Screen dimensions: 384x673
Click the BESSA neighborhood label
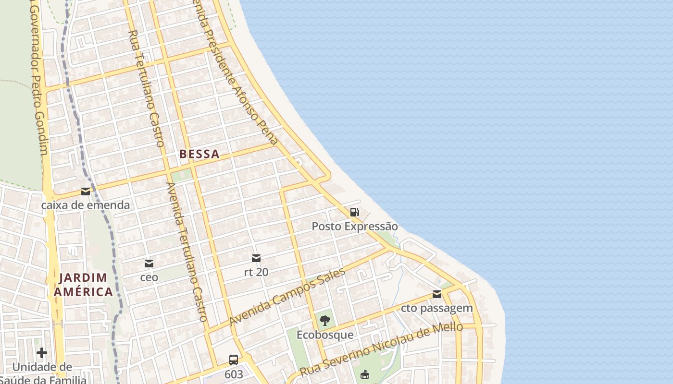[199, 154]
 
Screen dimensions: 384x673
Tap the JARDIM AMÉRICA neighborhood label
[83, 285]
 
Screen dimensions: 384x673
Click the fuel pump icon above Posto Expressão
[355, 212]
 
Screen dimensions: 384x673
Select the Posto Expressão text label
[355, 226]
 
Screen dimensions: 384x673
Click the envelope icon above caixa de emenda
[86, 192]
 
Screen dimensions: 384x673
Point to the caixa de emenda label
[86, 205]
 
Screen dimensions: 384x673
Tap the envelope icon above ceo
[149, 264]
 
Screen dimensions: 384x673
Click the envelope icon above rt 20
[256, 259]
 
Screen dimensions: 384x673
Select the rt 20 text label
[256, 272]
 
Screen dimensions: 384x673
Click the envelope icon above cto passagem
[437, 294]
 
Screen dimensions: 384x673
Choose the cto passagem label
[437, 308]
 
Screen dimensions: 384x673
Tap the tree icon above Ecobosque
[325, 320]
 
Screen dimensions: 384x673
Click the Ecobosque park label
[325, 335]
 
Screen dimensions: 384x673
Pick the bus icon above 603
[234, 360]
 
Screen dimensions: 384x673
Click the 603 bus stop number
[234, 373]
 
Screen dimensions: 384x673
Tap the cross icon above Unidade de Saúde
[42, 353]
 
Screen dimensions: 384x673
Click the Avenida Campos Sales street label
[287, 297]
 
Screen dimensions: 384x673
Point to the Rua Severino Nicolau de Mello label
[381, 349]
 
